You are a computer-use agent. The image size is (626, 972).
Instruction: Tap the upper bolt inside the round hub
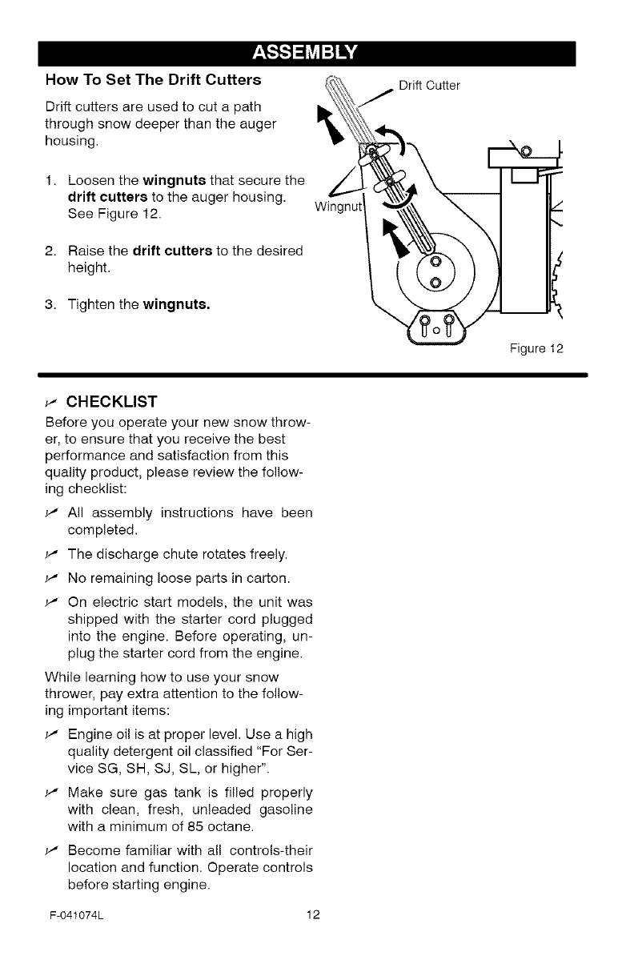coord(435,263)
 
